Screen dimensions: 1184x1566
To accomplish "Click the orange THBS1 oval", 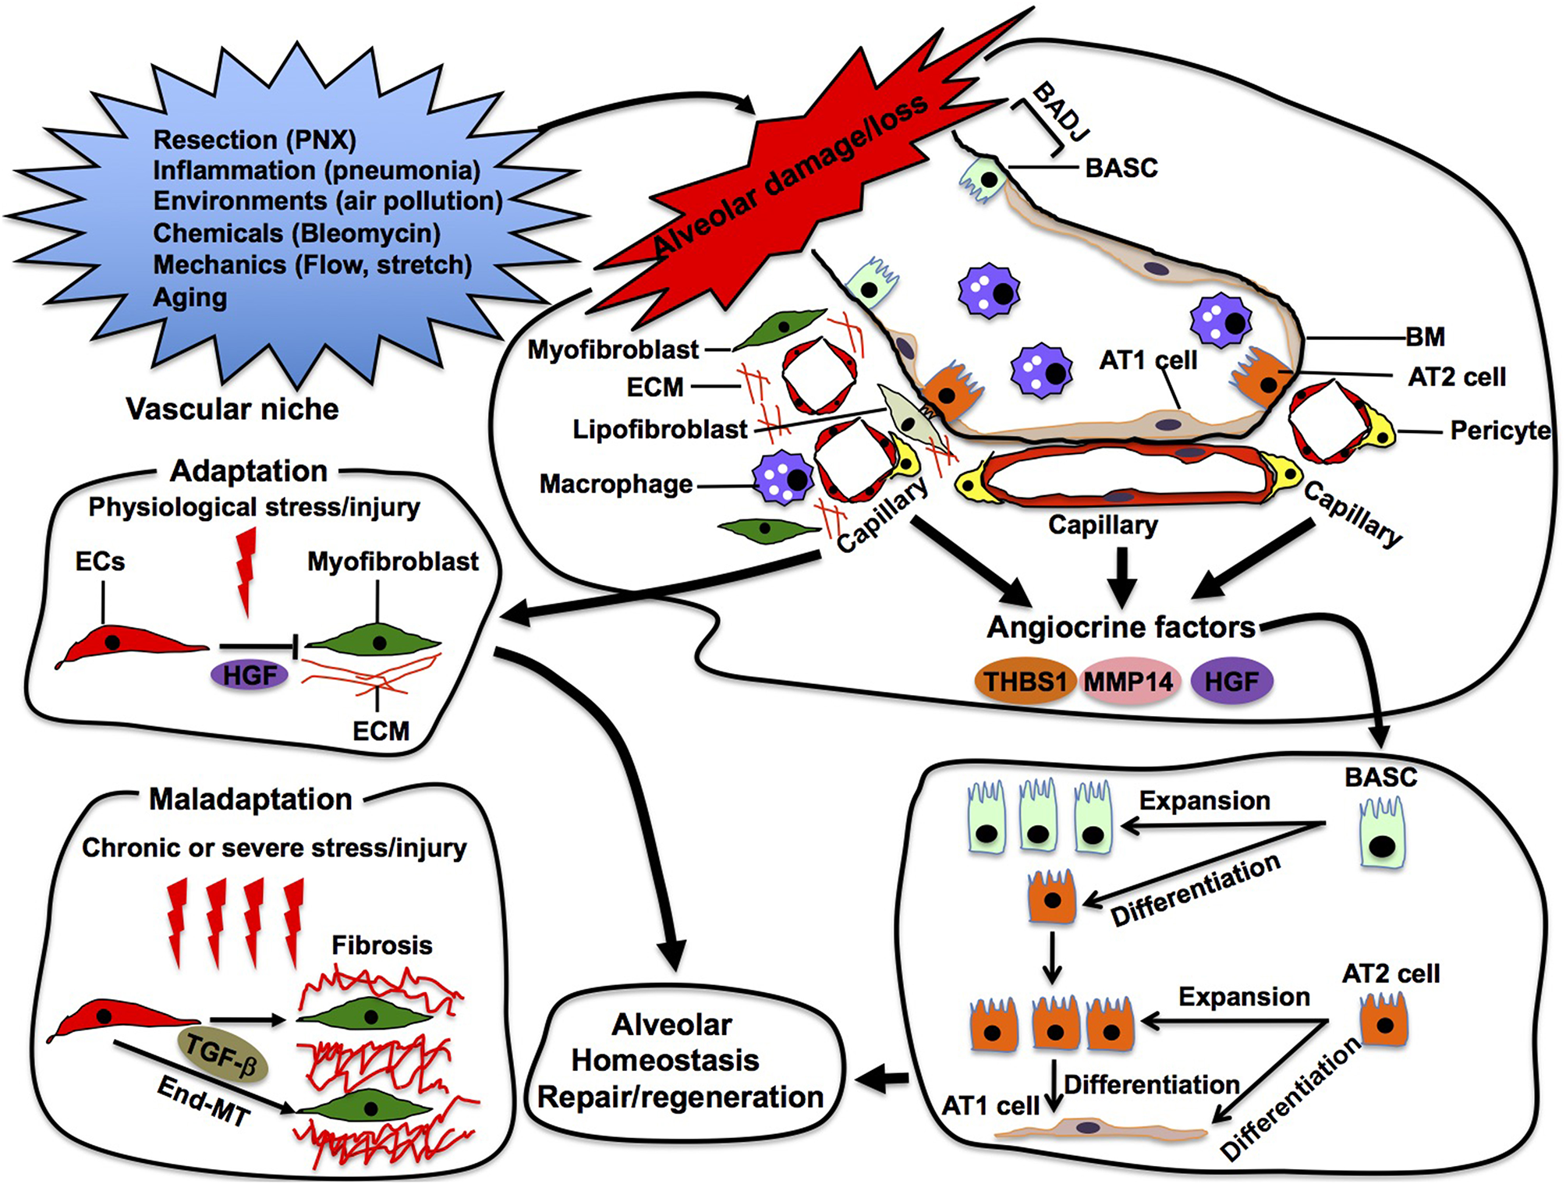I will (x=1024, y=682).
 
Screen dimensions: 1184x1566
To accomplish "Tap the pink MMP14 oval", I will (x=1128, y=682).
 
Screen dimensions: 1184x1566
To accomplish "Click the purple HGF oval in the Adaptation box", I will (x=250, y=675).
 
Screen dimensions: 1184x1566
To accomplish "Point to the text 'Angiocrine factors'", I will (x=1121, y=627).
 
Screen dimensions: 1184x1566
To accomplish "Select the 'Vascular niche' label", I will (x=232, y=409).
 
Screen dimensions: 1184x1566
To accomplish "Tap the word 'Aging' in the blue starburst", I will (x=190, y=297).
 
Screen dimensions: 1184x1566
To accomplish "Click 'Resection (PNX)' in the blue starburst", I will (x=254, y=140).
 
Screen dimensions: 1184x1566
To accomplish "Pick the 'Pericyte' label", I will (x=1499, y=431).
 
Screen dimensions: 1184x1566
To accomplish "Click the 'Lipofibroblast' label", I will (x=660, y=429).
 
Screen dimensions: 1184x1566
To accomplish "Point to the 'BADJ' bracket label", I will (x=1060, y=112).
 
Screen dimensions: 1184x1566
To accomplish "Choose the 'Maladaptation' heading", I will (x=250, y=799).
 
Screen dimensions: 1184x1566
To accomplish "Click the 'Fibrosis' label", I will (x=381, y=945).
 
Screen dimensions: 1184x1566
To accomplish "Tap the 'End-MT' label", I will (x=204, y=1101).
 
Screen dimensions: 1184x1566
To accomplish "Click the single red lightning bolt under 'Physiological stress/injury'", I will (x=246, y=570).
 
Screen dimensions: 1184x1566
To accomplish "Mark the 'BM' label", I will (x=1425, y=337).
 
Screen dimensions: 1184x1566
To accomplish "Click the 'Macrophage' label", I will (x=615, y=484).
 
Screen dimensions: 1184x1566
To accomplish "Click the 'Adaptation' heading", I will (x=249, y=471).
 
